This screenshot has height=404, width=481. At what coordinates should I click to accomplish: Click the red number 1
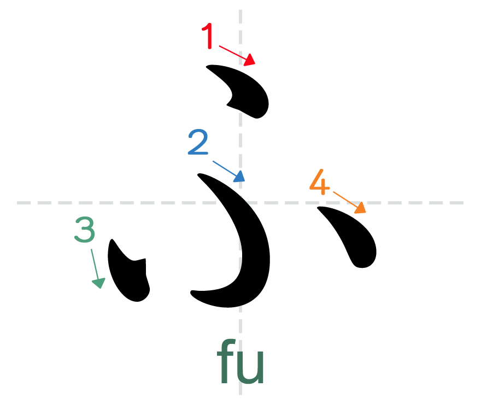[x=208, y=37]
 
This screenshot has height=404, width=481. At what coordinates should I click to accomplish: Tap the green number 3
[x=85, y=230]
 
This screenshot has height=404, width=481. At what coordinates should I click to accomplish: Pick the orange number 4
[x=320, y=183]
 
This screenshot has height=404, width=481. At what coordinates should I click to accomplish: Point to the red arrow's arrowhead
[x=250, y=60]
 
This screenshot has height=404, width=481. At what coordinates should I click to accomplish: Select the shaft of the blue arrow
[x=224, y=168]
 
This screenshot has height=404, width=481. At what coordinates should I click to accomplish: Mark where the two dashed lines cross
[x=241, y=203]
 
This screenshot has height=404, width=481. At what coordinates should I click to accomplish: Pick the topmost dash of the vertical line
[x=241, y=16]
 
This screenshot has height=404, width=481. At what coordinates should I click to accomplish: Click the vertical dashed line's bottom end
[x=241, y=391]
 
